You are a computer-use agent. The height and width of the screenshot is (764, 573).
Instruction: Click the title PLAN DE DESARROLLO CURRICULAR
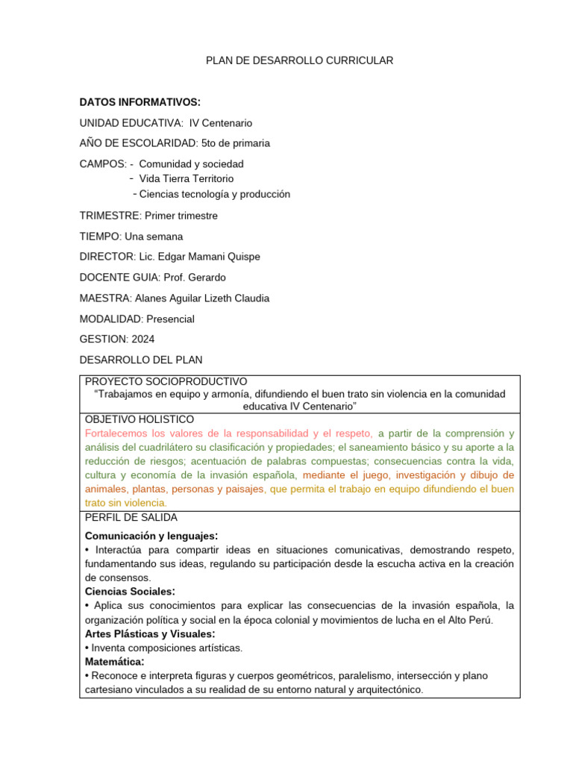point(299,60)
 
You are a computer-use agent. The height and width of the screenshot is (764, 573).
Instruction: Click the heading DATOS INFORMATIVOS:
point(140,102)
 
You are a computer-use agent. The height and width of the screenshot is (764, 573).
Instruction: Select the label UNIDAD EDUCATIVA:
point(131,122)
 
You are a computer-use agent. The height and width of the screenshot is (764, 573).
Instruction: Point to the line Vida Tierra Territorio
point(186,178)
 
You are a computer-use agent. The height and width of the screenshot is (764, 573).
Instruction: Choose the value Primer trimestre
point(181,216)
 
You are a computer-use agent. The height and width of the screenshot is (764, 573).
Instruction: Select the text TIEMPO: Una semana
point(131,237)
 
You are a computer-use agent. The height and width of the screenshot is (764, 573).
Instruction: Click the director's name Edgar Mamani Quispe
point(210,257)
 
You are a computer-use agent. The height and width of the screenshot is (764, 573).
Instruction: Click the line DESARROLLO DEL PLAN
point(140,360)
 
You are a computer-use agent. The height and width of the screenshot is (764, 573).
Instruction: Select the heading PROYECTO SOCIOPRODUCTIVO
point(166,381)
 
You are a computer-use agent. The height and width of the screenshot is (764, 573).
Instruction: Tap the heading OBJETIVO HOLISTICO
point(140,419)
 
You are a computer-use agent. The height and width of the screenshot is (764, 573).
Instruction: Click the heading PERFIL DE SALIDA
point(131,517)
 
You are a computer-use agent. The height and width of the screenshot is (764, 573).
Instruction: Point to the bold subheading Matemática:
point(115,661)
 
